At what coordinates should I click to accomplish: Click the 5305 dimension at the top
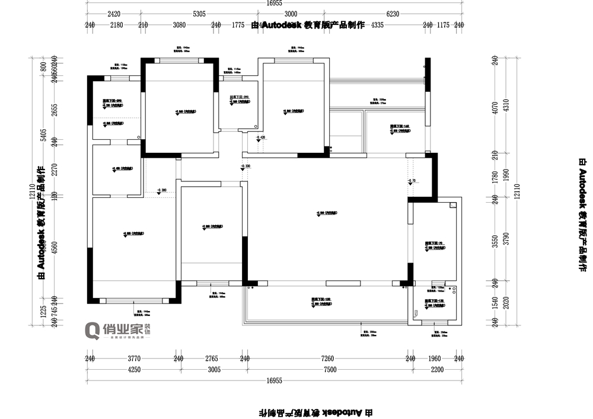[x=199, y=14]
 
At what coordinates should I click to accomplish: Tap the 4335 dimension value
[x=378, y=25]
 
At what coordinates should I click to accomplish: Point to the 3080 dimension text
[x=179, y=25]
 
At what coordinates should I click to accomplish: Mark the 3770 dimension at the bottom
[x=134, y=359]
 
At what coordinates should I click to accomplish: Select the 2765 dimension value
[x=211, y=359]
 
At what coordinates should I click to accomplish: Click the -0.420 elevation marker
[x=261, y=137]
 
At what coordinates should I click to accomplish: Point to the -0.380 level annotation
[x=161, y=190]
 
